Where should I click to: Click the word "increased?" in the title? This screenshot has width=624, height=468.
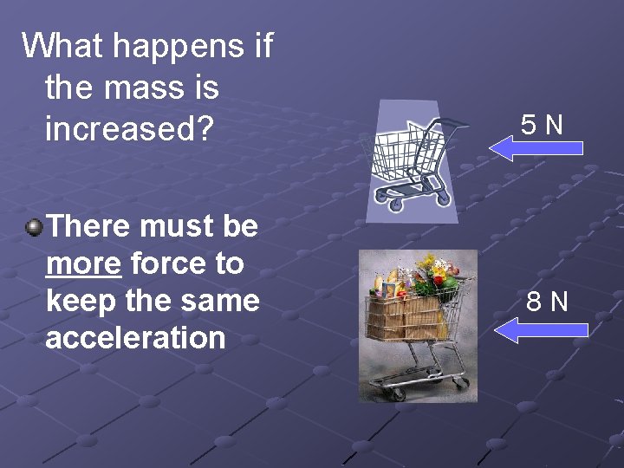point(129,129)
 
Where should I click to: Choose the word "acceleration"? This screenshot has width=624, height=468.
point(135,338)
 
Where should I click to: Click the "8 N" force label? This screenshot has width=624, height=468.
point(548,302)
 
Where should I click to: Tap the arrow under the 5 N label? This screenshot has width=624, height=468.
point(536,148)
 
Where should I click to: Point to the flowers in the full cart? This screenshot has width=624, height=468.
point(433,273)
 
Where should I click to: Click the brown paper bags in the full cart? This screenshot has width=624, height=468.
point(407,316)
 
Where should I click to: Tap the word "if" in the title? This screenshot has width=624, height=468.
point(263,46)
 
